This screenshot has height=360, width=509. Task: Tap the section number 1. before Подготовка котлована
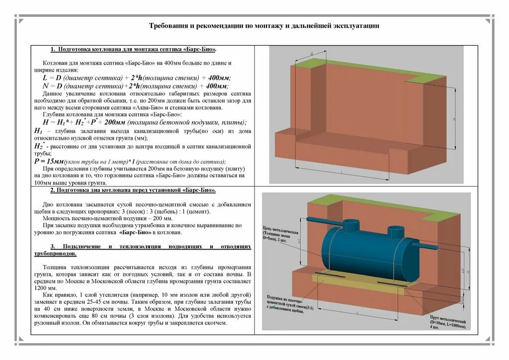pos(53,50)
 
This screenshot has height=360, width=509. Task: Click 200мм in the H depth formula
pos(115,122)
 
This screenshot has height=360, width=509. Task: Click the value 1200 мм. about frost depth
pos(44,288)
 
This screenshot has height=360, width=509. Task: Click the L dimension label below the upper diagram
pos(342,172)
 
